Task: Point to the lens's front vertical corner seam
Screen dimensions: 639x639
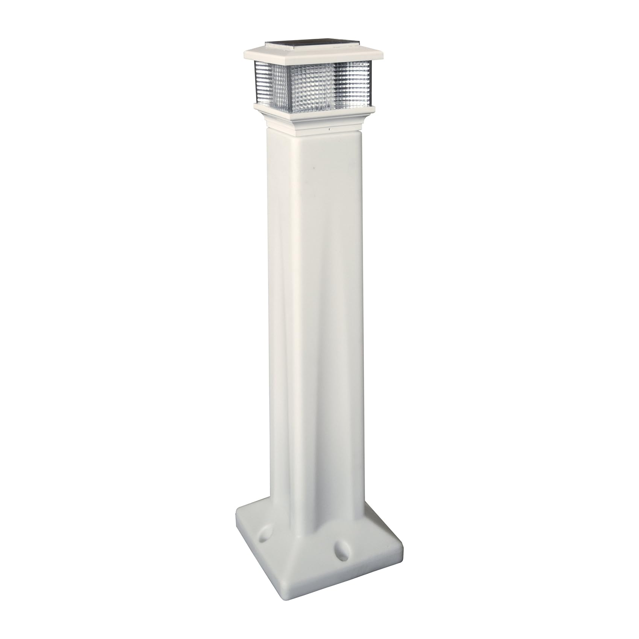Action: [x=333, y=84]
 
